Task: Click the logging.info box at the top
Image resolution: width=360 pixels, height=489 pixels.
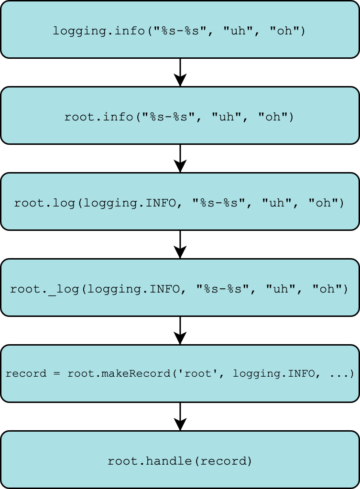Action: (180, 30)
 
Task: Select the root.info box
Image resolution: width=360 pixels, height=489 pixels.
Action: (180, 116)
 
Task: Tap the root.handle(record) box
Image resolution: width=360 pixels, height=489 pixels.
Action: (180, 460)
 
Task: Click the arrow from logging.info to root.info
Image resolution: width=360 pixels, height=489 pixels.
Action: (180, 72)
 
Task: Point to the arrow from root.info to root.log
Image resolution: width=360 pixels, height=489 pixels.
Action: (180, 158)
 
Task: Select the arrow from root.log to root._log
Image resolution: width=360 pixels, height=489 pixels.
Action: (180, 244)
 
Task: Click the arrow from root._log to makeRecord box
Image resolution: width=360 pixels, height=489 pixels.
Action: (180, 330)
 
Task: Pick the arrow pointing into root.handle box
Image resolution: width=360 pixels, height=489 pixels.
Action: (180, 416)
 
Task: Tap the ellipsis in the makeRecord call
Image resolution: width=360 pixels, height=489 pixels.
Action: (339, 373)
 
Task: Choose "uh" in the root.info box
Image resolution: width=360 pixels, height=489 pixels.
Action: (226, 117)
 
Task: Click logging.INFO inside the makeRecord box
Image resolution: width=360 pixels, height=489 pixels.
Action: (274, 373)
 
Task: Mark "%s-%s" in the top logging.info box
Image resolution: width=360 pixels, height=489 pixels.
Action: (180, 31)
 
